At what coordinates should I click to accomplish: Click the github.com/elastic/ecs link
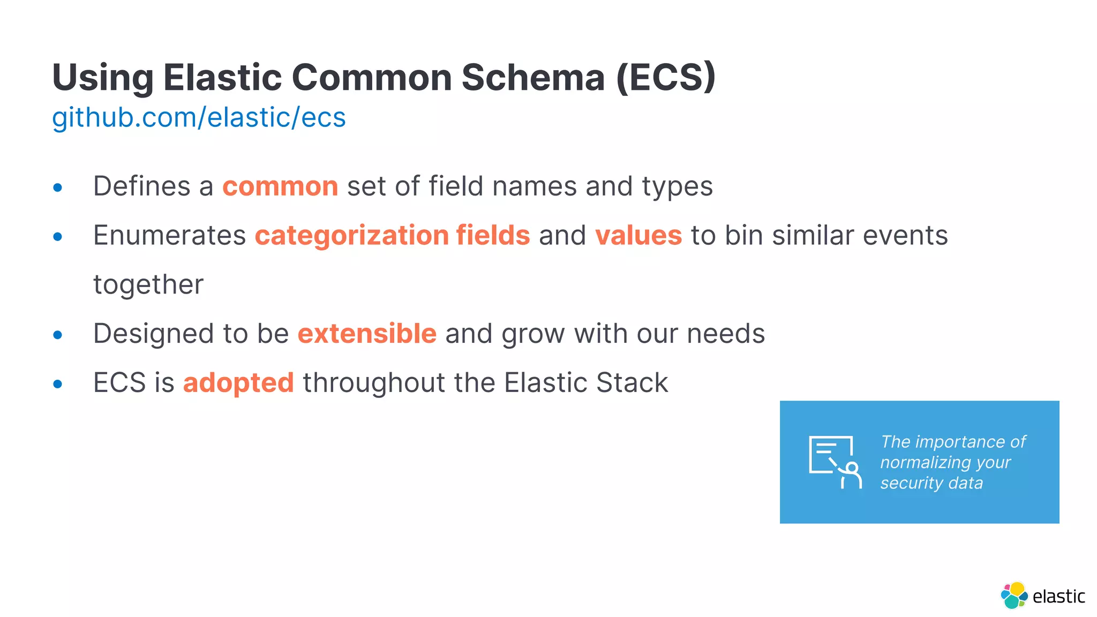pyautogui.click(x=199, y=118)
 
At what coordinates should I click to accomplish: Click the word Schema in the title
pyautogui.click(x=533, y=78)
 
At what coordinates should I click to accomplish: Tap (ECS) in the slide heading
pyautogui.click(x=666, y=78)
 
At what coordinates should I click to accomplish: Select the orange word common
pyautogui.click(x=280, y=187)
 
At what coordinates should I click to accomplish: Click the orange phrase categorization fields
pyautogui.click(x=392, y=236)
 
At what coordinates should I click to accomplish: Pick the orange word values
pyautogui.click(x=638, y=236)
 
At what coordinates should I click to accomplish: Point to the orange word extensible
pyautogui.click(x=367, y=334)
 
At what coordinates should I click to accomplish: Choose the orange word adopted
pyautogui.click(x=238, y=383)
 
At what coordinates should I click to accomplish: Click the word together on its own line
pyautogui.click(x=148, y=285)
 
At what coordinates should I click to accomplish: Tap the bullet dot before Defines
pyautogui.click(x=58, y=188)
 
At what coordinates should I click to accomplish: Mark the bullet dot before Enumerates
pyautogui.click(x=58, y=237)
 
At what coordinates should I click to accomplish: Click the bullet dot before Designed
pyautogui.click(x=58, y=335)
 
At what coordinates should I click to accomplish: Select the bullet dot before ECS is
pyautogui.click(x=58, y=384)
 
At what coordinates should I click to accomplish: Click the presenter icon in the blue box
pyautogui.click(x=835, y=462)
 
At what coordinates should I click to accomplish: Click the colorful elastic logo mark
pyautogui.click(x=1013, y=596)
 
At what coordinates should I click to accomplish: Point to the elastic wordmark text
pyautogui.click(x=1058, y=596)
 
